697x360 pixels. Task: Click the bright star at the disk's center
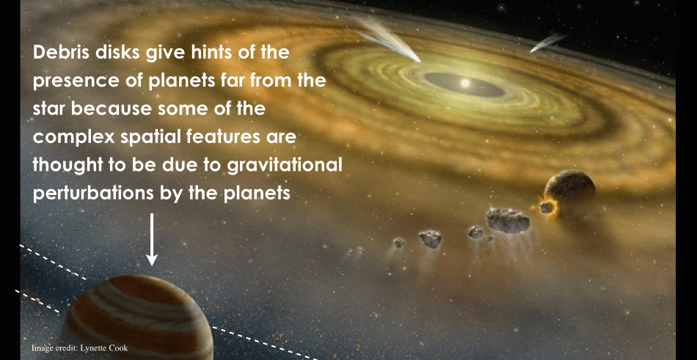(x=465, y=83)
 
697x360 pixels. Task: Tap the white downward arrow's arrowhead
(x=152, y=258)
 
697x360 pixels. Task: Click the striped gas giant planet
(x=139, y=317)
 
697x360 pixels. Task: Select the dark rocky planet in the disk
(x=570, y=191)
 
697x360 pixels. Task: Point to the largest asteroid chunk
(x=508, y=220)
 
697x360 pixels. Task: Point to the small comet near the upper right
(x=548, y=43)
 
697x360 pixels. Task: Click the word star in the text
(x=49, y=109)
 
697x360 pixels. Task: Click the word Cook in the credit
(x=117, y=348)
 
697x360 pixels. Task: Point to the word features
(x=228, y=137)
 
